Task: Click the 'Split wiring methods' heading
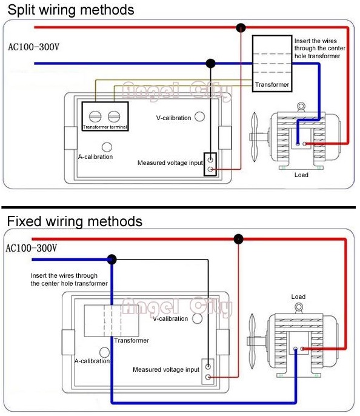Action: pos(71,10)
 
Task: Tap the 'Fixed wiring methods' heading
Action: pos(75,221)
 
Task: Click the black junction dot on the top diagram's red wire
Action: pos(241,27)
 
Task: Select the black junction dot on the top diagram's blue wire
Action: pos(210,64)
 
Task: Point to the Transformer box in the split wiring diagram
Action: pos(272,64)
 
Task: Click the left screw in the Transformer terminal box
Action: pos(95,116)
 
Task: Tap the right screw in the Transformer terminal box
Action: pos(114,116)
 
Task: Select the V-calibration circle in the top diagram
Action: pos(199,116)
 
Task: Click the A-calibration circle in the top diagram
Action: pos(107,147)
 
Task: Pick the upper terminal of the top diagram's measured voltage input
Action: pos(210,159)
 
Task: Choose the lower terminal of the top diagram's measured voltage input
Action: pos(210,169)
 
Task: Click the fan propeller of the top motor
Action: pos(254,137)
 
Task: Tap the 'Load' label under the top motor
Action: pos(301,175)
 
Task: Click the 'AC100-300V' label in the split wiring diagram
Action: pos(34,47)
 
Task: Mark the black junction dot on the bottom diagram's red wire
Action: pos(239,239)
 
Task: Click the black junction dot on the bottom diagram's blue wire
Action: pos(112,259)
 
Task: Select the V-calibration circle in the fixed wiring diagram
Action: pos(197,318)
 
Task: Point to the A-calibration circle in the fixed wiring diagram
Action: pos(104,352)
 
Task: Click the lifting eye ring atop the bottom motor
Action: pos(299,308)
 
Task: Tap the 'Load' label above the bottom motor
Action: pos(298,297)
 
